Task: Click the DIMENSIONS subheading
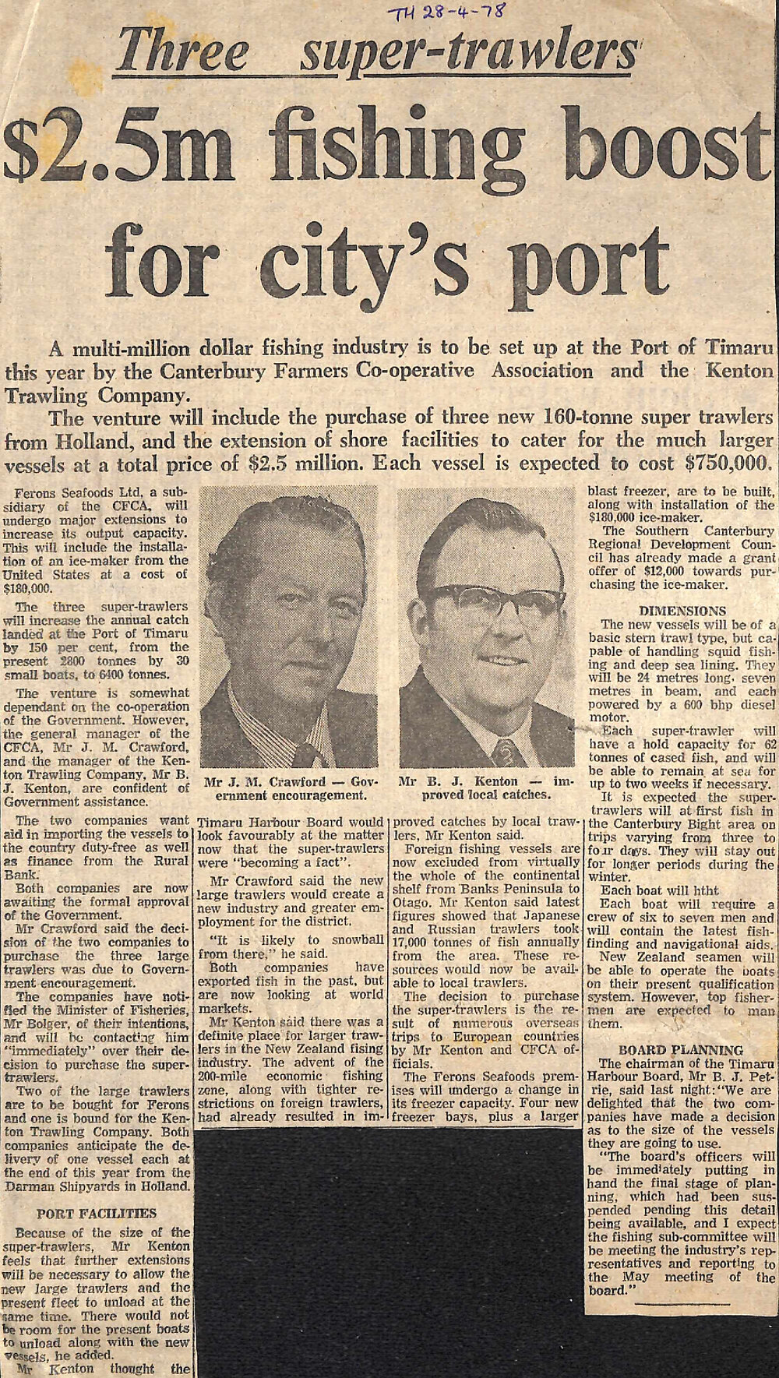click(x=682, y=611)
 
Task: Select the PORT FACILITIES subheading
click(x=96, y=1213)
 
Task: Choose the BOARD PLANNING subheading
click(x=682, y=1050)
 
